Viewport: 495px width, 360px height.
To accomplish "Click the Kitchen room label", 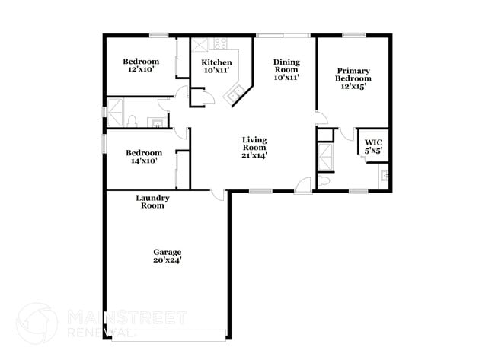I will pyautogui.click(x=216, y=62).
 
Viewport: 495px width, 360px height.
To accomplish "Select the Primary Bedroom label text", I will pyautogui.click(x=353, y=75).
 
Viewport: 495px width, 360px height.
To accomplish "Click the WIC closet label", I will pyautogui.click(x=373, y=142).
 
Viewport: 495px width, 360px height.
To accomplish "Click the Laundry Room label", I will pyautogui.click(x=152, y=202).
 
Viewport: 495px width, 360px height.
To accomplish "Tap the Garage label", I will pyautogui.click(x=168, y=252).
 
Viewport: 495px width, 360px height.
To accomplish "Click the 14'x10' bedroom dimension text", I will pyautogui.click(x=144, y=161).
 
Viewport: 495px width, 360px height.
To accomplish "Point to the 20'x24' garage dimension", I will pyautogui.click(x=168, y=260).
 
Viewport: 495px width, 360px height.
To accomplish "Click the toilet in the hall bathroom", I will pyautogui.click(x=133, y=121).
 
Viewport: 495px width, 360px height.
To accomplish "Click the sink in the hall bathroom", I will pyautogui.click(x=157, y=122).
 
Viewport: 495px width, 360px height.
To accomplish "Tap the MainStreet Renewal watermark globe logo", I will pyautogui.click(x=37, y=323).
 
